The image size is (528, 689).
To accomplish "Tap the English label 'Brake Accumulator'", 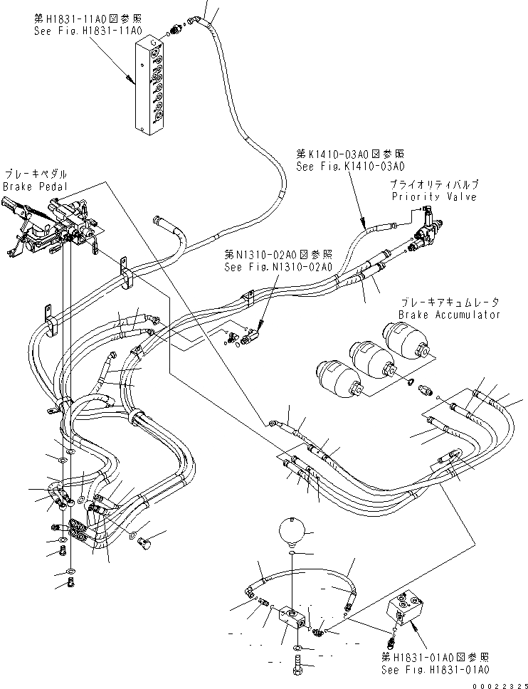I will coord(449,314).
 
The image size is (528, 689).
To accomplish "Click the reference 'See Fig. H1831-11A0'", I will coord(88,31).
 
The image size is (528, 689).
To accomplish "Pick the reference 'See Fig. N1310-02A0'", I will coord(278,268).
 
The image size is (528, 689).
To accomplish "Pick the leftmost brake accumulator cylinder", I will coord(336,376).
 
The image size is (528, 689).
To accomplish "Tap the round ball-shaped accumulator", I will coord(292,530).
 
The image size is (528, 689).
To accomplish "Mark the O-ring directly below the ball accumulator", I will coord(292,552).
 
